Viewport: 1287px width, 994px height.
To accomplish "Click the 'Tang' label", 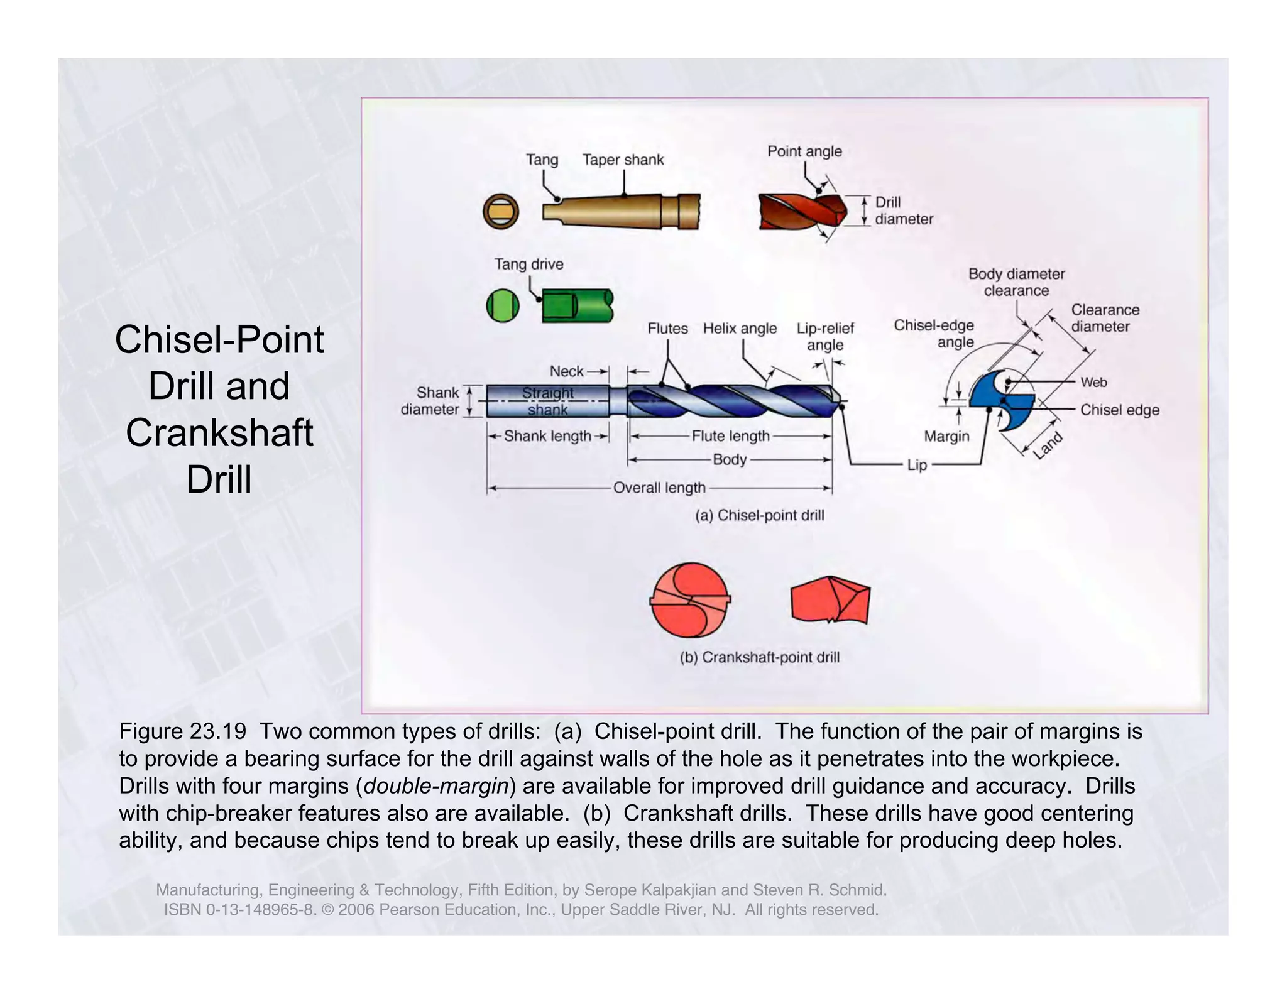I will [542, 160].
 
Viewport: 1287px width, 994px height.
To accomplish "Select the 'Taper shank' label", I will [622, 160].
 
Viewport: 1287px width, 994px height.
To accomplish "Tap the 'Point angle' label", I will [804, 151].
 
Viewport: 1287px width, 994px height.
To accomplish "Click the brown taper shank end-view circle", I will [501, 211].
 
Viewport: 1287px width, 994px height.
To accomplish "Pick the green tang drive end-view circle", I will [503, 306].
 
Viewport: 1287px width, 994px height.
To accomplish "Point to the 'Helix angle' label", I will [739, 329].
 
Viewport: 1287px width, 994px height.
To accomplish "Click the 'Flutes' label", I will [667, 329].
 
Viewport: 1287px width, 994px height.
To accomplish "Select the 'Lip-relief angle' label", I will [825, 337].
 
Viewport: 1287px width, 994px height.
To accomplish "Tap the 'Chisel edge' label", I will [1119, 410].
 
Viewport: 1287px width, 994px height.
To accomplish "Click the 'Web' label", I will [1093, 382].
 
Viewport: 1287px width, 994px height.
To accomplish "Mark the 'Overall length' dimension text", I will [659, 488].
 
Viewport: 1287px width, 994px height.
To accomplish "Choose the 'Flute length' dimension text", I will [730, 436].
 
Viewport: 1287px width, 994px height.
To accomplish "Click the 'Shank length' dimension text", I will [547, 436].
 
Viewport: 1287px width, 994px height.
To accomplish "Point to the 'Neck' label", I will [566, 371].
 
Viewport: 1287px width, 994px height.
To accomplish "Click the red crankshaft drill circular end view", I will [690, 600].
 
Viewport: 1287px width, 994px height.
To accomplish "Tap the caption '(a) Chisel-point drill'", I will [759, 516].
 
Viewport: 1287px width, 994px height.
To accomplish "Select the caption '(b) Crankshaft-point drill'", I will [759, 657].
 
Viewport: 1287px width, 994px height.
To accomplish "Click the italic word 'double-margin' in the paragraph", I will [435, 786].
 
